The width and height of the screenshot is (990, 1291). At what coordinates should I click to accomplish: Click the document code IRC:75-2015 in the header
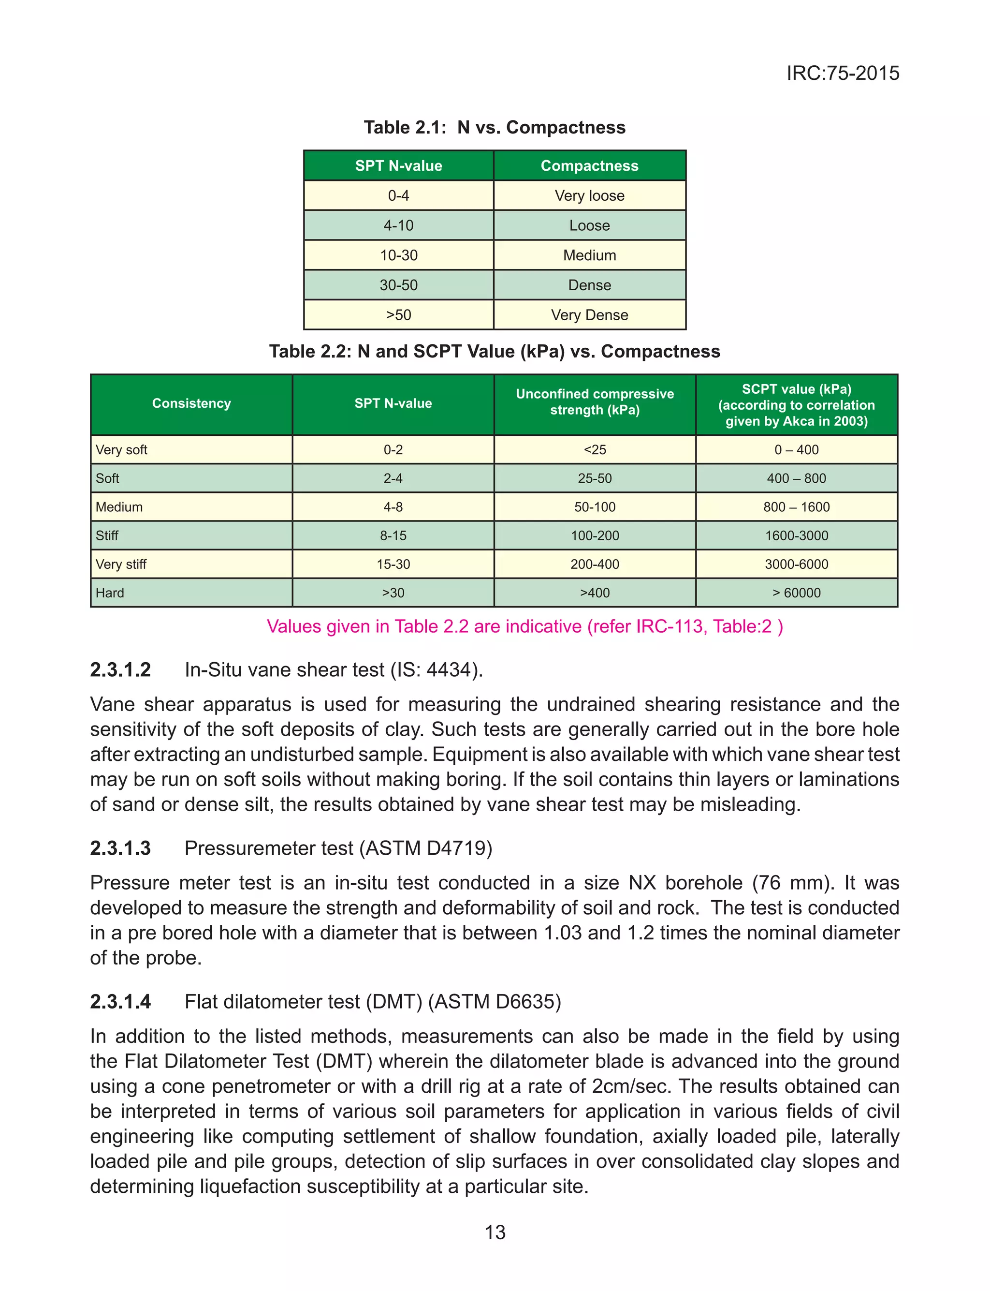tap(842, 73)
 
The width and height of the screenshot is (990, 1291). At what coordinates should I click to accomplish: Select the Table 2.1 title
tap(495, 127)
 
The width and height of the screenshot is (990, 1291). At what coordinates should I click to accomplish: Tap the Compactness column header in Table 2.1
tap(589, 165)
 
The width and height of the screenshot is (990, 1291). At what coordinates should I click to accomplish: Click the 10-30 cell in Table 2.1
tap(398, 255)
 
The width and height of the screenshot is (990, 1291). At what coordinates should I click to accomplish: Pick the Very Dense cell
tap(589, 315)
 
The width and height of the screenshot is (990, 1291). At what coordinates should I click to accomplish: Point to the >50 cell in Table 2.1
tap(398, 315)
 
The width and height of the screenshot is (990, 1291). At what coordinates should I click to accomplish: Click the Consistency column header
tap(191, 403)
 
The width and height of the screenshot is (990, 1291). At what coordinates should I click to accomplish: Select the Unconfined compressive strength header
tap(595, 402)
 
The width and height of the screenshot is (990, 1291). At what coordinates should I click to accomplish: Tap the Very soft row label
tap(121, 450)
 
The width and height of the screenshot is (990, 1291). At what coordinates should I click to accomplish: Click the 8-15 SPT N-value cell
tap(393, 535)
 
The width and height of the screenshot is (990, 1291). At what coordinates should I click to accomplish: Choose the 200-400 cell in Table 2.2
tap(595, 564)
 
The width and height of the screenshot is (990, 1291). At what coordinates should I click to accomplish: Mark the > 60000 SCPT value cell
tap(796, 593)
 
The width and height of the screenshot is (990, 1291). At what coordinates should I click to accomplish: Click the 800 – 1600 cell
tap(796, 507)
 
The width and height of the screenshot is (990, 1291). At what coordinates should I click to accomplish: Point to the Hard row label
tap(110, 593)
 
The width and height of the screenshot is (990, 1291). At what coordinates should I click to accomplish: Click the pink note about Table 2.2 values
tap(524, 626)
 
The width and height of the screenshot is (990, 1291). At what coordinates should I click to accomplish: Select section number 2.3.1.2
tap(120, 669)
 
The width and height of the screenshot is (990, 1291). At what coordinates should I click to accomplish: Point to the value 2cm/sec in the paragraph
tap(630, 1086)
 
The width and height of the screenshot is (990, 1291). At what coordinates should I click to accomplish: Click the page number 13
tap(495, 1232)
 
